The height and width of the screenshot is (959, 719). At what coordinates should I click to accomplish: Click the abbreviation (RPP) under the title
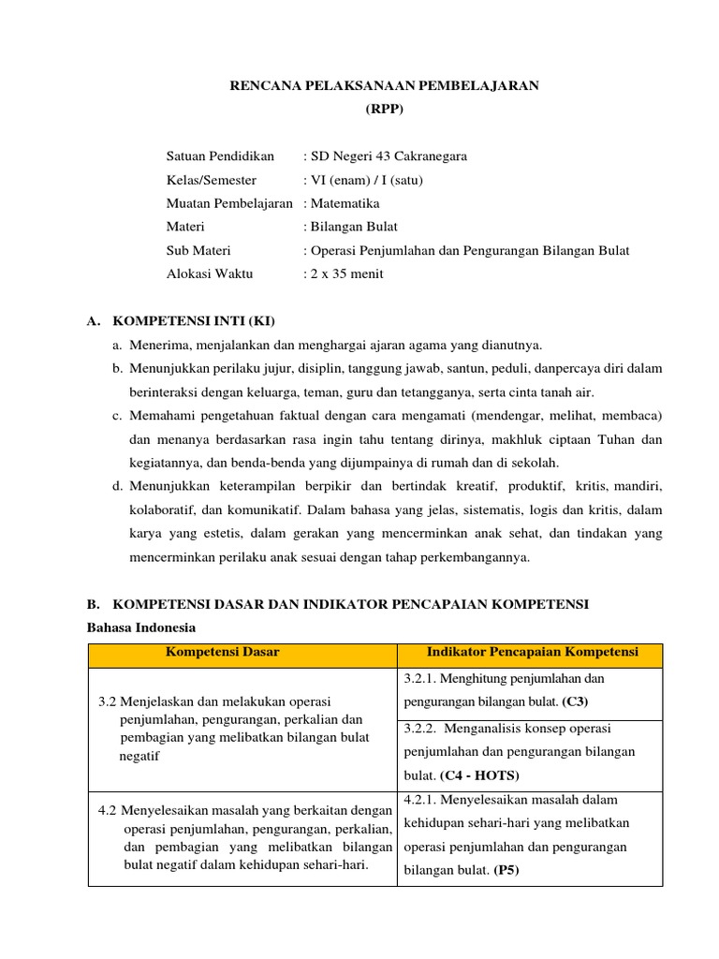pos(384,109)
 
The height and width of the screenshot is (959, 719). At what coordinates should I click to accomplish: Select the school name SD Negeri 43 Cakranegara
pos(389,155)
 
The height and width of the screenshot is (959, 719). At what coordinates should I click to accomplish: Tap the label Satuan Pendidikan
pos(220,155)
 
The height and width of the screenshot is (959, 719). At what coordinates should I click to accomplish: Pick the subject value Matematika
pos(345,203)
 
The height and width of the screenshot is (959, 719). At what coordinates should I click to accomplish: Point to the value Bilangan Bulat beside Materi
pos(355,227)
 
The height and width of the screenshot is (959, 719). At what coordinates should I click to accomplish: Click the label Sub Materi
pos(198,250)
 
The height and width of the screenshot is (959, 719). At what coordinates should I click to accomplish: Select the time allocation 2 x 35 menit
pos(347,273)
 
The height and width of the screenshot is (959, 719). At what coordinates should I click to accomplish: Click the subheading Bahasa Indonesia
pos(141,627)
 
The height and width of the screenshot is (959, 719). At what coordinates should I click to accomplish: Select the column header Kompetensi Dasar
pos(222,652)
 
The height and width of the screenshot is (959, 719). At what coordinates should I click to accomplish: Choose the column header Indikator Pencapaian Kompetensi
pos(532,652)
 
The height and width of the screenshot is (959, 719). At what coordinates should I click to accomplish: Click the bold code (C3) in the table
pos(575,701)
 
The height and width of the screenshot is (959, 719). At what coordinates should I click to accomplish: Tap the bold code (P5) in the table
pos(506,870)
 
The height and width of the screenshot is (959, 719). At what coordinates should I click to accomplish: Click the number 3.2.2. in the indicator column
pos(423,728)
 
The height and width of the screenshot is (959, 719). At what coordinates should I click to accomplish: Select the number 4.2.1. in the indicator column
pos(422,799)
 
